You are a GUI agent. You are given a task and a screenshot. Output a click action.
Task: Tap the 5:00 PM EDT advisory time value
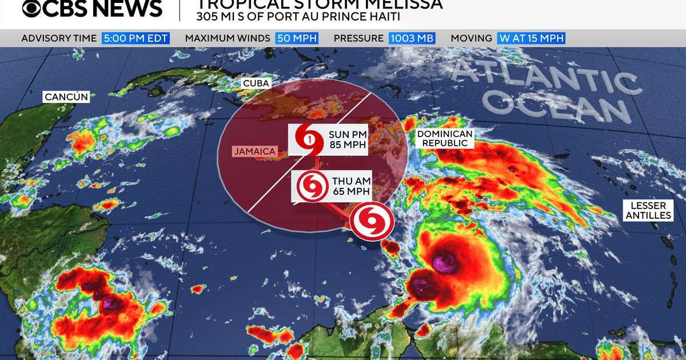click(x=135, y=38)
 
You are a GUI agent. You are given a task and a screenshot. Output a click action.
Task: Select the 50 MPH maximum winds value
click(x=297, y=38)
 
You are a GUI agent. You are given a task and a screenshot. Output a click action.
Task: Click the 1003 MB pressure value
click(x=412, y=38)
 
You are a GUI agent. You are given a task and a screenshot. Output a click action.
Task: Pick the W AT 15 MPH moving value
click(x=531, y=38)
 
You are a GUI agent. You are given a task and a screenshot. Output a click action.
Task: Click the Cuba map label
click(x=256, y=83)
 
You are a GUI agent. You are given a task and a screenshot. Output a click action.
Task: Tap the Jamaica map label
click(x=254, y=151)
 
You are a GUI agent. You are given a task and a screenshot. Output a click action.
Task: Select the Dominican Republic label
click(x=445, y=138)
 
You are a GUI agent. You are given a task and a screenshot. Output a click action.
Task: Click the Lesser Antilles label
click(x=649, y=210)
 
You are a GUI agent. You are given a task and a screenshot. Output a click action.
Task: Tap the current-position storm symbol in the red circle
click(x=372, y=222)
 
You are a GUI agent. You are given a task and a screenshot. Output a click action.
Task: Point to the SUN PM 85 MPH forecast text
click(x=347, y=139)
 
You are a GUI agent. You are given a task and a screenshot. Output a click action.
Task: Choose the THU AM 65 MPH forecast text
click(x=350, y=186)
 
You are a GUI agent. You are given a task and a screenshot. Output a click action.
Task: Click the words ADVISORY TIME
click(x=59, y=38)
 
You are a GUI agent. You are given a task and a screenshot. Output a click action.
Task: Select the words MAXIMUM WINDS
click(x=227, y=38)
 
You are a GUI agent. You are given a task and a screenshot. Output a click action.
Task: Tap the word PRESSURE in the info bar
click(x=358, y=38)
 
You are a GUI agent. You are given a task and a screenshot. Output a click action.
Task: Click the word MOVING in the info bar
click(x=471, y=38)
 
